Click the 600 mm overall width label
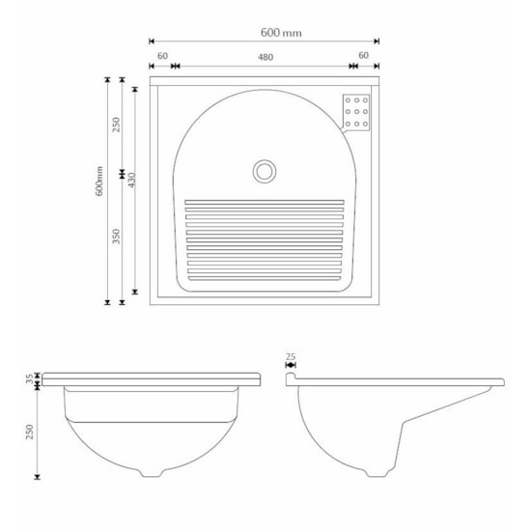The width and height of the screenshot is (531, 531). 281,32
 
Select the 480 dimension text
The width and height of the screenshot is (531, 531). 265,57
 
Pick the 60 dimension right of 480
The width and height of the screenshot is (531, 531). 363,57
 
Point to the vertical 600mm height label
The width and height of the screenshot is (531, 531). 99,182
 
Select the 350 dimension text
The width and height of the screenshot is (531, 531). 116,238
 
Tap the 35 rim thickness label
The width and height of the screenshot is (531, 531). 29,378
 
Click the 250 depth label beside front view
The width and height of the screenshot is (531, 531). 29,431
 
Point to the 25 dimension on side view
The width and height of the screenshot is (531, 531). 291,356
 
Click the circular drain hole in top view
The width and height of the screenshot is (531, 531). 265,171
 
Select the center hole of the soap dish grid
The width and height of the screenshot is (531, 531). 357,110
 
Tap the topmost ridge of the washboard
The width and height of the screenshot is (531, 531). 264,202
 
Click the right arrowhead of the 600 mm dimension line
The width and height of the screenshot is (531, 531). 377,41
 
